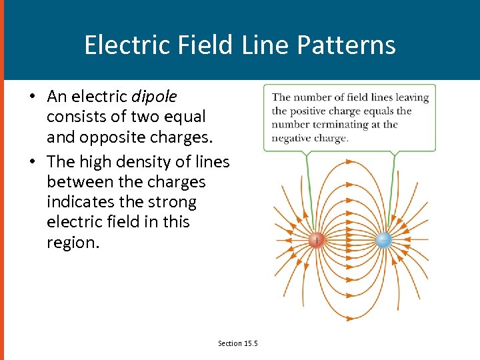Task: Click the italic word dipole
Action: pos(155,97)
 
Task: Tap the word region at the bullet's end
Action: pos(71,243)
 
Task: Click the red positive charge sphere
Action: pos(317,240)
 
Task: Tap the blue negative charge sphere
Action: pos(383,240)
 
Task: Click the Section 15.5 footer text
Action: pos(237,343)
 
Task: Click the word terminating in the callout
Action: pos(338,125)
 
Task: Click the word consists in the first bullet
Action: pos(72,117)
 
